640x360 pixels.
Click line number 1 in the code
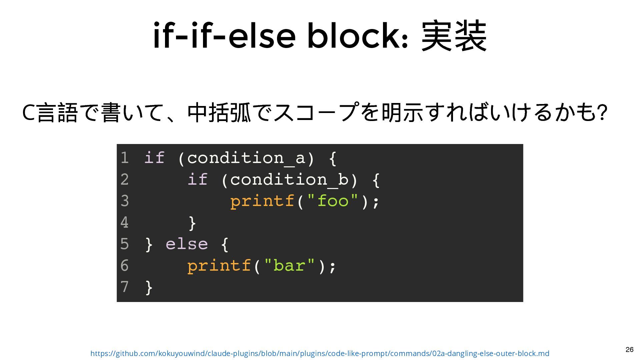(x=124, y=158)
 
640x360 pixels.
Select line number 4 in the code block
(x=124, y=222)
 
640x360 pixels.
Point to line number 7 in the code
(x=124, y=287)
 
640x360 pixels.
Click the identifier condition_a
(x=246, y=158)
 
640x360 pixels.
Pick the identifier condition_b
(x=289, y=179)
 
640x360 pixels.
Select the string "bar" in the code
(x=289, y=266)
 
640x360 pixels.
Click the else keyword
(x=187, y=244)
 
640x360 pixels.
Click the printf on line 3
(x=262, y=201)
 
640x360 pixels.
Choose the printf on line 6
(x=219, y=266)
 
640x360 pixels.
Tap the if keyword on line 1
(x=154, y=158)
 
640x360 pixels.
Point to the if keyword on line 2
(x=197, y=179)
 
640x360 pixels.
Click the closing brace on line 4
(x=192, y=223)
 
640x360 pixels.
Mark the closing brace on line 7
(x=149, y=287)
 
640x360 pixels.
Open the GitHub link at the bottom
(x=320, y=353)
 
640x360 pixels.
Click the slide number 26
(x=629, y=349)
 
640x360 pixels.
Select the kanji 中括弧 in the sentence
(x=219, y=112)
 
